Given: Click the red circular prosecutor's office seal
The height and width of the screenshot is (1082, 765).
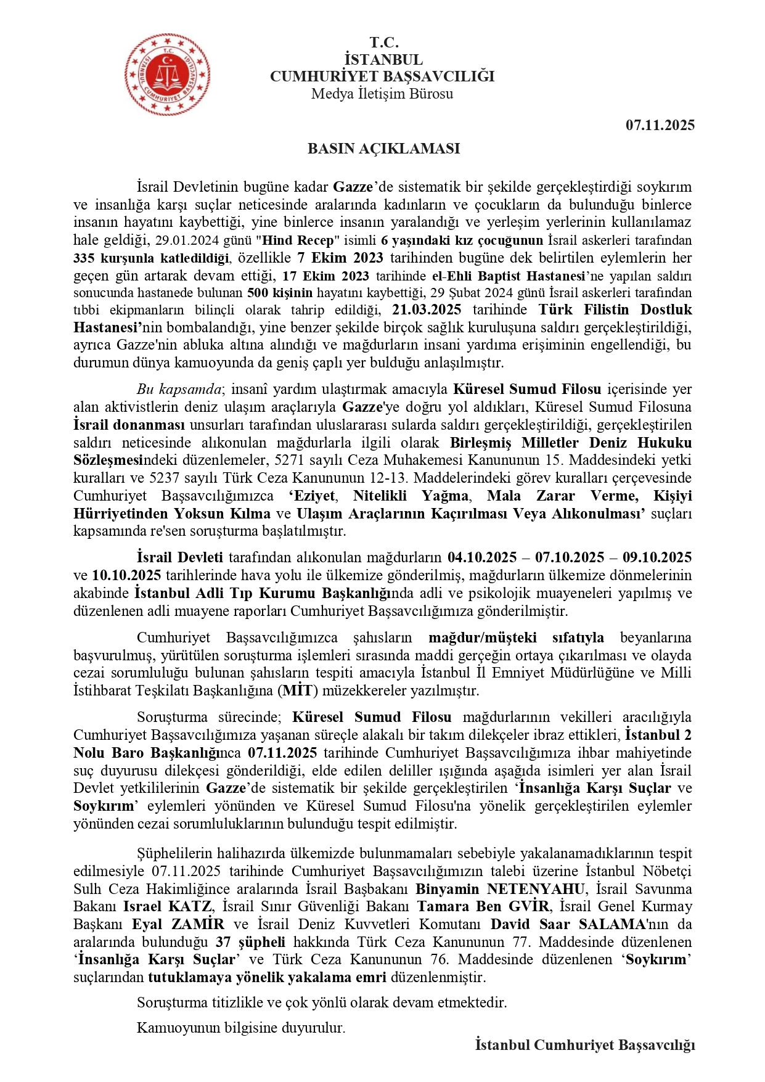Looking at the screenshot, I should (167, 74).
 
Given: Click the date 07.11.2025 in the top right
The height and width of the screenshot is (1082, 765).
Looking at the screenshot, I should (660, 125).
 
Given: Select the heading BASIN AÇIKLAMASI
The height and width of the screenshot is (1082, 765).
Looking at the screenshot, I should (383, 149).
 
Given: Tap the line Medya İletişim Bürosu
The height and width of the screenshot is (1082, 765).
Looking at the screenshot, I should (382, 94).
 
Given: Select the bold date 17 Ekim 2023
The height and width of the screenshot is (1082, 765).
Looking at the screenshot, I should (325, 276).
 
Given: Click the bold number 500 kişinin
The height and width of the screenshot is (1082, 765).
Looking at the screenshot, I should (279, 293).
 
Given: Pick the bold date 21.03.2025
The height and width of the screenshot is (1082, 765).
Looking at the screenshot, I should (426, 309).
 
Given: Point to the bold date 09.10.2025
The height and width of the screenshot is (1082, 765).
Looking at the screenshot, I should (657, 557).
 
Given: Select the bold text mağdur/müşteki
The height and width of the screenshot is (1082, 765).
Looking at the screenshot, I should (483, 637).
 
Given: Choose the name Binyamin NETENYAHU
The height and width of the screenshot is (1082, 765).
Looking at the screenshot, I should (500, 889).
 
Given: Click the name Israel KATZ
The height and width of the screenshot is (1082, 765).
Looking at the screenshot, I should (168, 906).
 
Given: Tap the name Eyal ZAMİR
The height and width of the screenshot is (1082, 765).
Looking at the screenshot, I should (178, 924).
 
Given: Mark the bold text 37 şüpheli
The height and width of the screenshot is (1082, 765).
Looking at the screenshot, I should (250, 942).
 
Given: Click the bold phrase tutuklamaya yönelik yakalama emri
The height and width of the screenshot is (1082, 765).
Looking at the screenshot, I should (267, 977).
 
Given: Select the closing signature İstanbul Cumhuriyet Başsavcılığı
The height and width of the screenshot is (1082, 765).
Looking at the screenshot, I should (584, 1044).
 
